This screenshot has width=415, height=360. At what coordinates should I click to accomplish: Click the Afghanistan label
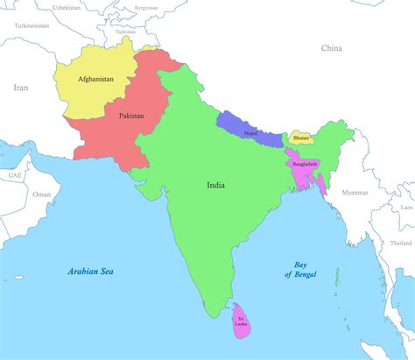[95, 80]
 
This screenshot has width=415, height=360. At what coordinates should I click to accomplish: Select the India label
[215, 186]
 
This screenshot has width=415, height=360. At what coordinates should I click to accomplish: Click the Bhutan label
[301, 138]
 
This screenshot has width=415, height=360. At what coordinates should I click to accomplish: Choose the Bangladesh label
[305, 165]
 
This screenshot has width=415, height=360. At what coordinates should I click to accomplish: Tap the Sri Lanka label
[240, 321]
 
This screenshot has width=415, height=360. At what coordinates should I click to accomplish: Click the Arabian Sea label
[91, 272]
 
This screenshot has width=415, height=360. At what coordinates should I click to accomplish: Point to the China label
[331, 49]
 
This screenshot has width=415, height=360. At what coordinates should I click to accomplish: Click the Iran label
[21, 88]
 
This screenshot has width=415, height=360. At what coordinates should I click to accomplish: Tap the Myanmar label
[355, 192]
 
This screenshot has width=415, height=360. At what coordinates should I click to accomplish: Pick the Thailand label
[402, 243]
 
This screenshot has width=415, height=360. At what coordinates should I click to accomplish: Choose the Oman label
[42, 194]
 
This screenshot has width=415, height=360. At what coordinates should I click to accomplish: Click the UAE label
[15, 175]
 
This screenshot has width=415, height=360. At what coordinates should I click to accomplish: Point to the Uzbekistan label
[67, 7]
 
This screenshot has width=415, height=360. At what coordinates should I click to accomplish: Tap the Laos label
[406, 208]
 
